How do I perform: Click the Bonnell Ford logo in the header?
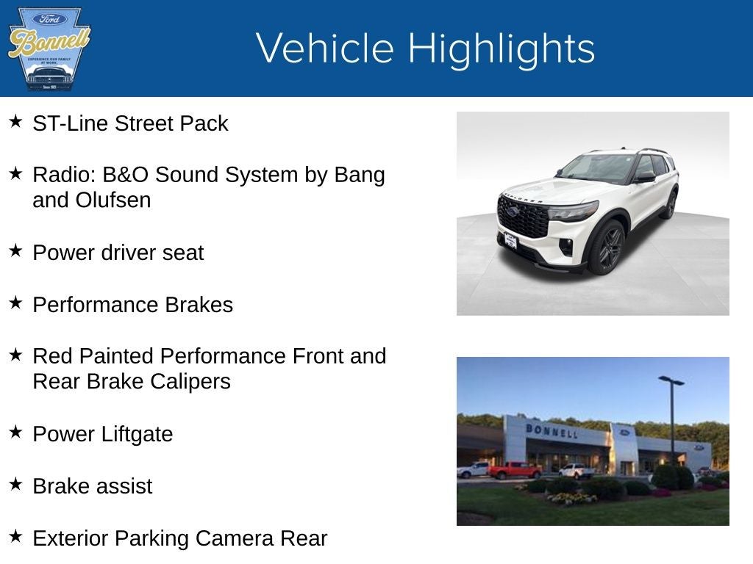(49, 48)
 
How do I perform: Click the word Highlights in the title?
(501, 48)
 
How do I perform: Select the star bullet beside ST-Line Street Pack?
(15, 121)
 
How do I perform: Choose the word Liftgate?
(132, 434)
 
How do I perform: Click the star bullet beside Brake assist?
(15, 484)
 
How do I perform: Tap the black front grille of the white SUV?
(524, 217)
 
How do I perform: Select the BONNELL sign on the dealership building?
(551, 431)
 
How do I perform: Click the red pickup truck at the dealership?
(514, 470)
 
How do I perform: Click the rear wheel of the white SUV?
(669, 205)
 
